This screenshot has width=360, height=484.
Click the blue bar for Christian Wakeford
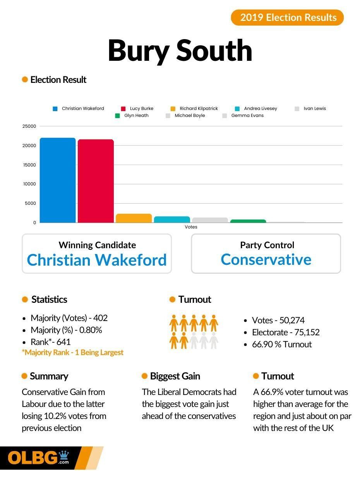[x=58, y=180]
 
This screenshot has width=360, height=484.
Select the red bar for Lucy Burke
[x=96, y=181]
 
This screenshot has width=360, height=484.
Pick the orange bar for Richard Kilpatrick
[x=134, y=218]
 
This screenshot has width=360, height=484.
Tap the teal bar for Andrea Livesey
[x=172, y=220]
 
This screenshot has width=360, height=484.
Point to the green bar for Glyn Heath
[x=248, y=221]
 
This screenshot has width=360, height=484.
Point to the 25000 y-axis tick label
[x=29, y=126]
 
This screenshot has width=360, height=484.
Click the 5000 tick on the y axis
[x=30, y=203]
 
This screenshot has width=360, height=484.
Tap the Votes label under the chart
[x=191, y=227]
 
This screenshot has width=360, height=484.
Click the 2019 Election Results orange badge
[x=287, y=17]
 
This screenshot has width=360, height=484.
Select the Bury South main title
[x=180, y=50]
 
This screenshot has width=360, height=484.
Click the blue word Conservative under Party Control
[x=266, y=259]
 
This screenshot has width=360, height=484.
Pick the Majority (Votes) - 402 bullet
[x=69, y=318]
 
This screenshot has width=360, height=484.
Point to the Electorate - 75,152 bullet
[x=286, y=332]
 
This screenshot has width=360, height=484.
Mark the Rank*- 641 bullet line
[x=50, y=342]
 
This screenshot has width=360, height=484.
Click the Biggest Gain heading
[x=175, y=376]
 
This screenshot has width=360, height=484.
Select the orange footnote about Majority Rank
[x=73, y=352]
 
